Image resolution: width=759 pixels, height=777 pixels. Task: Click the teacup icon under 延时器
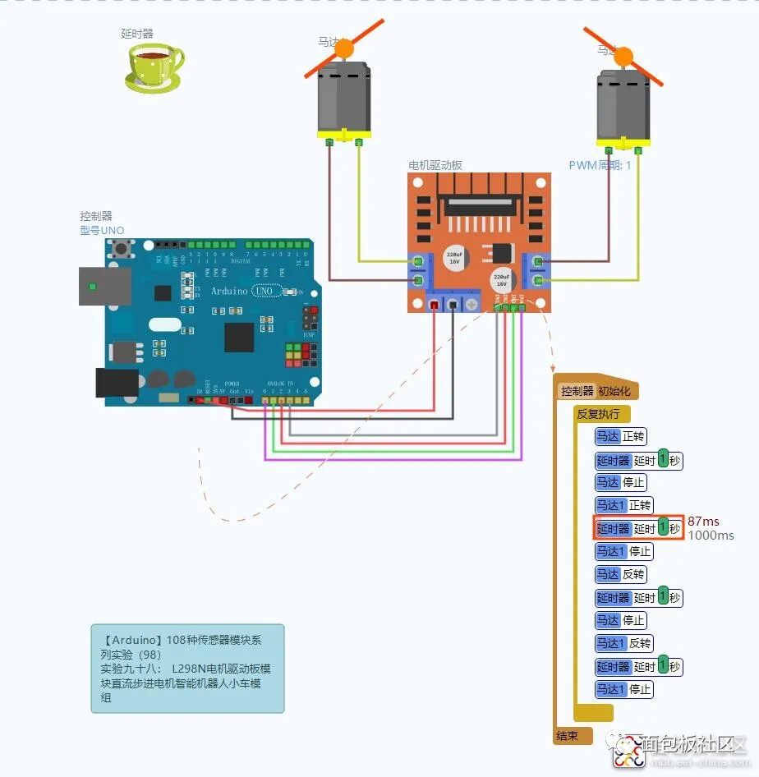coord(154,66)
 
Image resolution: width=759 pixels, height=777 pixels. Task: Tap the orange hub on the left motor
coord(344,48)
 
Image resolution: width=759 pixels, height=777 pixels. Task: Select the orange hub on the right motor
coord(623,56)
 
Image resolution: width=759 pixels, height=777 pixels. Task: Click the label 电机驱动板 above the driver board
coord(435,165)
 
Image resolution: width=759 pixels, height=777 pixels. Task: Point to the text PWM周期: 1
coord(600,165)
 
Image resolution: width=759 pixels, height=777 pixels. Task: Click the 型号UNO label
coord(102,231)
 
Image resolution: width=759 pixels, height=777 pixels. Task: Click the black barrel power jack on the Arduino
coord(116,384)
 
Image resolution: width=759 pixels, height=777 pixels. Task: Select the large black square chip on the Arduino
coord(239,337)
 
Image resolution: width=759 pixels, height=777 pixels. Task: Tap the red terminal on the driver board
coord(434,305)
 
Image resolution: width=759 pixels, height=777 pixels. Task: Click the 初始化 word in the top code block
coord(615,392)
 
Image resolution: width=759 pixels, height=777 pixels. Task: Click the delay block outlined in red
coord(639,529)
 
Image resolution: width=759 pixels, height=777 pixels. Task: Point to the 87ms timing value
coord(703,522)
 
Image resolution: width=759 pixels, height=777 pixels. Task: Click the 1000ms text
coord(711,536)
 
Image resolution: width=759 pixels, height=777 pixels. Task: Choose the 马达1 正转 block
coord(624,506)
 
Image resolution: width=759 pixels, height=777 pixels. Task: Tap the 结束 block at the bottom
coord(567,736)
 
